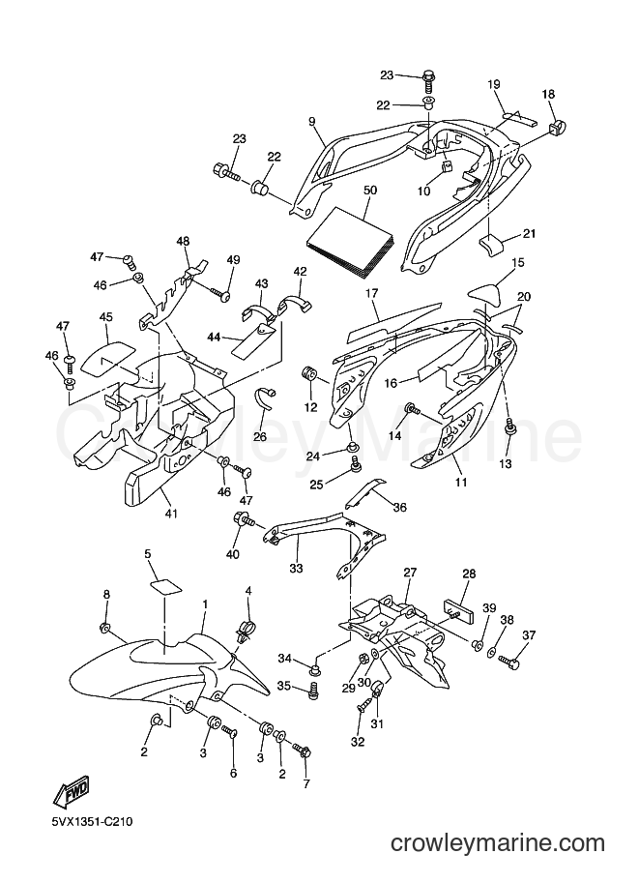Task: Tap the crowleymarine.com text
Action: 498,843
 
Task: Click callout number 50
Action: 370,191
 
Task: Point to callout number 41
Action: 170,514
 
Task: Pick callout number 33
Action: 296,569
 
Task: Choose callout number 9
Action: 312,121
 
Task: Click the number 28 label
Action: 469,574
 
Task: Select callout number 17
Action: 371,293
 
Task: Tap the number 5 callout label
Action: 148,553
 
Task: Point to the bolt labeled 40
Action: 244,518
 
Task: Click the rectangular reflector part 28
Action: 460,611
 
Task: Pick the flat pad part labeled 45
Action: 110,357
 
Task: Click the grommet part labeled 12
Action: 311,373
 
